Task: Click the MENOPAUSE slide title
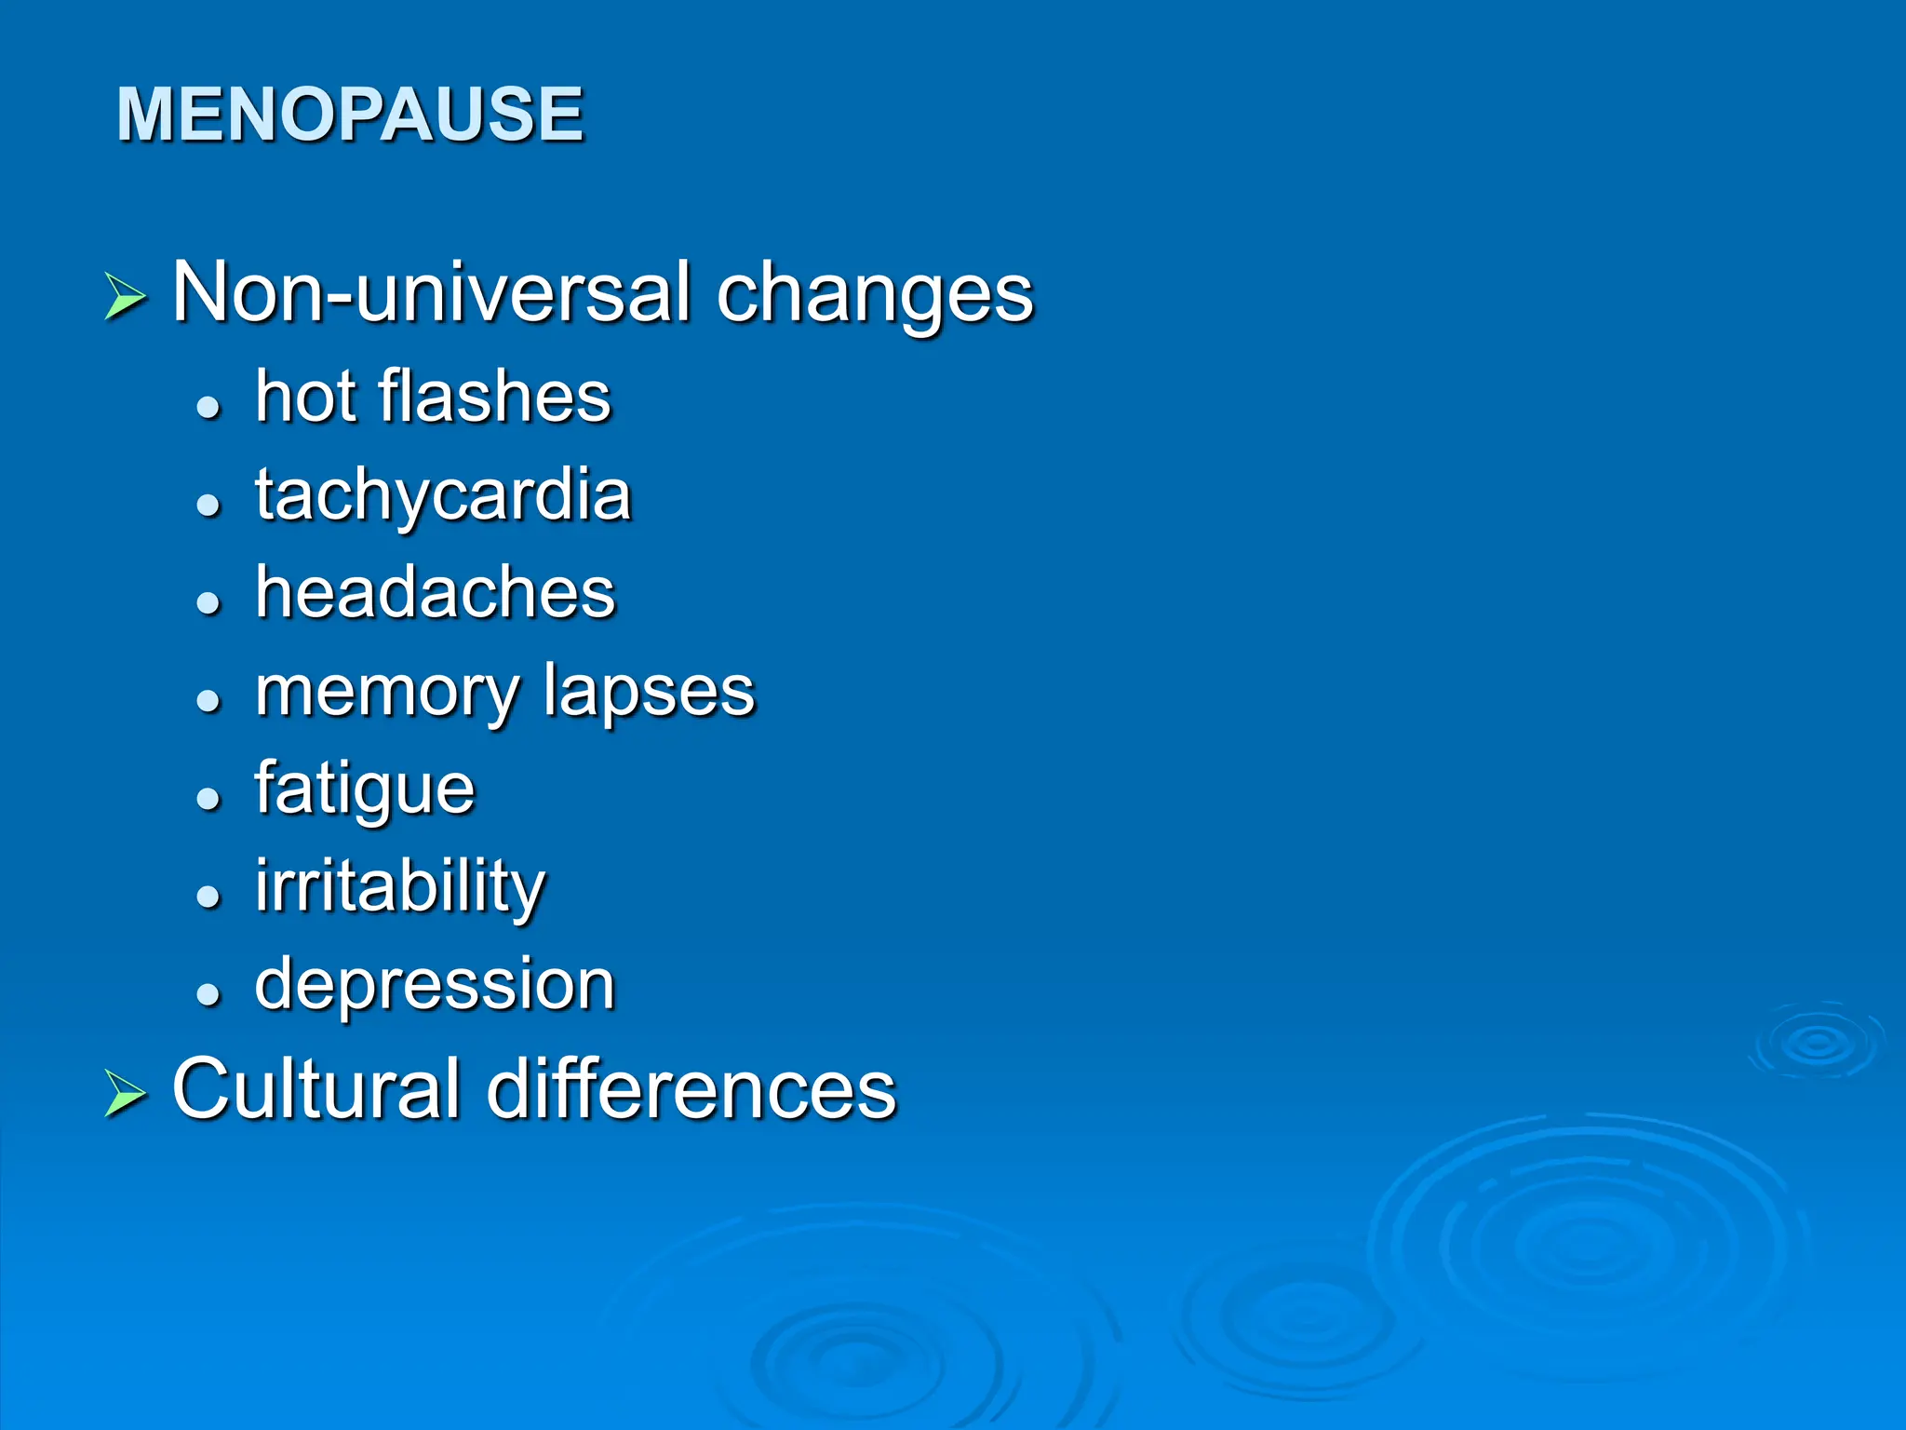pos(350,114)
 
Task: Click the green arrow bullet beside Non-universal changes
pos(126,297)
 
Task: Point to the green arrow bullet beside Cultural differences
pos(126,1092)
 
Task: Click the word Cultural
pos(316,1088)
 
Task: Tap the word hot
pos(305,397)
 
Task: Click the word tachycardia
pos(443,496)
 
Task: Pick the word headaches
pos(436,592)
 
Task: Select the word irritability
pos(400,887)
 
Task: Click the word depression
pos(435,985)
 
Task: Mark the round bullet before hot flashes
pos(208,407)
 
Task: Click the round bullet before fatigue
pos(208,798)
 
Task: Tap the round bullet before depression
pos(208,993)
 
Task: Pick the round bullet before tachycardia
pos(208,505)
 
